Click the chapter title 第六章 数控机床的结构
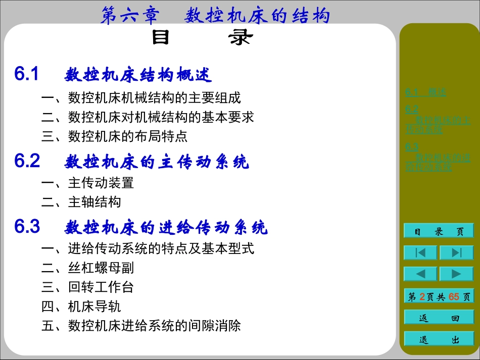[x=216, y=15]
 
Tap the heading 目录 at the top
[x=202, y=38]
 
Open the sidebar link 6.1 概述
[x=425, y=92]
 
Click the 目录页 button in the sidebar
[x=439, y=231]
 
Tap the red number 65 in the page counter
[x=454, y=297]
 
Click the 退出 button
[x=439, y=340]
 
